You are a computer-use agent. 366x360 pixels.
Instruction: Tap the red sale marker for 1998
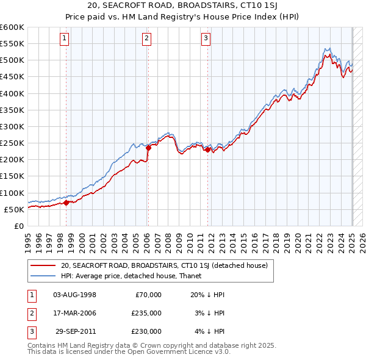pyautogui.click(x=66, y=203)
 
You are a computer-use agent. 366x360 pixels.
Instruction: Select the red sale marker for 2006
pyautogui.click(x=148, y=148)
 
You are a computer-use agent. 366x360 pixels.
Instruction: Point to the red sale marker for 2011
pyautogui.click(x=208, y=149)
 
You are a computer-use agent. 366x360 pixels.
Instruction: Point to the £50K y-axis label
pyautogui.click(x=14, y=209)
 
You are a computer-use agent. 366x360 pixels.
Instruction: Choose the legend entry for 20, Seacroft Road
pyautogui.click(x=164, y=265)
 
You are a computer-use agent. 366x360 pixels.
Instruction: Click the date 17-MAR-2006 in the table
pyautogui.click(x=74, y=313)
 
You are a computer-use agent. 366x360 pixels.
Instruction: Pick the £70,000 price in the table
pyautogui.click(x=148, y=295)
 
